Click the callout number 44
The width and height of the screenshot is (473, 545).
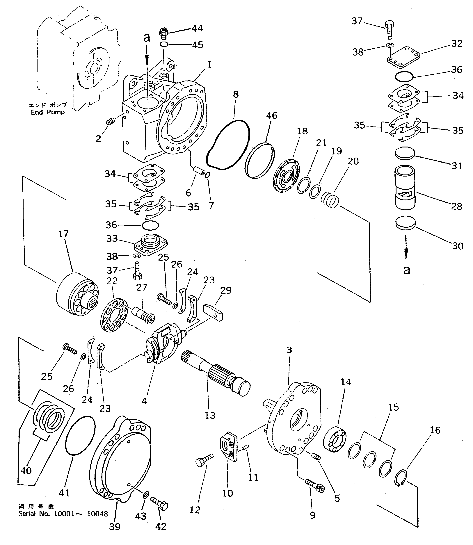[x=198, y=28]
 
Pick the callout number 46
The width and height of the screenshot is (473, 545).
[x=272, y=116]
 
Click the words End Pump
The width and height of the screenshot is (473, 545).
[x=47, y=112]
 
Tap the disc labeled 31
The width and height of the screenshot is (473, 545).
[x=405, y=153]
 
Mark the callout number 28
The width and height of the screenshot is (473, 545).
[x=456, y=206]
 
